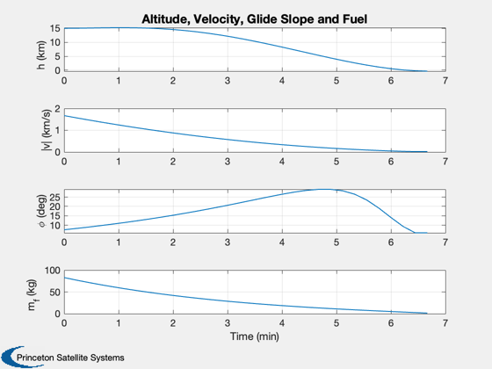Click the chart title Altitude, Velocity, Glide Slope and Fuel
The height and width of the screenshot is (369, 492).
254,19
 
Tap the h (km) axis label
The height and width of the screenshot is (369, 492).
41,54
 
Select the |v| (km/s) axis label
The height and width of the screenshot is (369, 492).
46,130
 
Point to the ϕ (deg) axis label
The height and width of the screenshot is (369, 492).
41,211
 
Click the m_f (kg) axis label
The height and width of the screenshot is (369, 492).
32,294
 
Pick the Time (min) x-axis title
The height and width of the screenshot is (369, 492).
255,336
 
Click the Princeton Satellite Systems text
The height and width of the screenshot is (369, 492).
70,358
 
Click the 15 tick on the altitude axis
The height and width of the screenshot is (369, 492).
54,28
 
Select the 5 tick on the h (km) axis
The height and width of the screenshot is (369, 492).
57,57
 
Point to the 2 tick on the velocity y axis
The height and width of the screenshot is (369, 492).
57,109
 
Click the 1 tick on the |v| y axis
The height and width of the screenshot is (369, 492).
57,131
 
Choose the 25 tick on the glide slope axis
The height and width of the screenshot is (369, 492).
54,197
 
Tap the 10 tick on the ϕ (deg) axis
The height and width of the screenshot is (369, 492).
54,226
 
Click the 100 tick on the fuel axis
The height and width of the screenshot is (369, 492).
52,271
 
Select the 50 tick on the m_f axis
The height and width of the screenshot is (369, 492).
54,292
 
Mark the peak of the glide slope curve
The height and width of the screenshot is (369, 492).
325,189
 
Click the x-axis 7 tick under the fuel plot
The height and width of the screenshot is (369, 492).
445,323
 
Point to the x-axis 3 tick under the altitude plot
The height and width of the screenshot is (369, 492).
228,81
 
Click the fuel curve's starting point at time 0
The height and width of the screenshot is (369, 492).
65,278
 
